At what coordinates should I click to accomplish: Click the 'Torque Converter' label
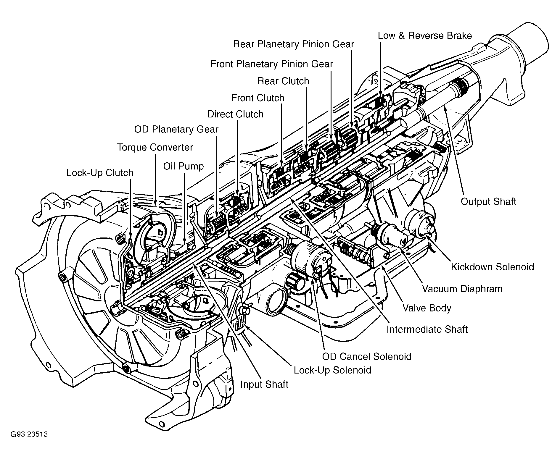pyautogui.click(x=155, y=147)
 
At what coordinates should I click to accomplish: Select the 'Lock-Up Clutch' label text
pyautogui.click(x=100, y=173)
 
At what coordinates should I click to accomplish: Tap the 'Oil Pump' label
pyautogui.click(x=184, y=166)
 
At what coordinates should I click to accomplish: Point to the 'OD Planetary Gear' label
pyautogui.click(x=176, y=129)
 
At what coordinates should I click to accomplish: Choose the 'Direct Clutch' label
pyautogui.click(x=235, y=114)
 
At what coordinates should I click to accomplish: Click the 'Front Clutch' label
pyautogui.click(x=258, y=98)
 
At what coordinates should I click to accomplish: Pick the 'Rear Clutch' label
pyautogui.click(x=283, y=81)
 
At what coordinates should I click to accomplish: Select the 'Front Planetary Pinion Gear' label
pyautogui.click(x=272, y=64)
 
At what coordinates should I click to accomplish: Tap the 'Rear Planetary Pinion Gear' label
pyautogui.click(x=294, y=44)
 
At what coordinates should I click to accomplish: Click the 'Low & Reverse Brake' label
pyautogui.click(x=425, y=35)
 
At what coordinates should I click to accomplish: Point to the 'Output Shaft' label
pyautogui.click(x=488, y=202)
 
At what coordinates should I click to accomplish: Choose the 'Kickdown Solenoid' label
pyautogui.click(x=493, y=267)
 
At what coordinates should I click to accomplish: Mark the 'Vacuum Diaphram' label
pyautogui.click(x=462, y=289)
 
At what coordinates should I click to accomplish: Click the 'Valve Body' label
pyautogui.click(x=427, y=308)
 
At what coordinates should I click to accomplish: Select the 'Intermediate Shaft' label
pyautogui.click(x=427, y=329)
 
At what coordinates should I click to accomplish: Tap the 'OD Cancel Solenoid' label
pyautogui.click(x=367, y=356)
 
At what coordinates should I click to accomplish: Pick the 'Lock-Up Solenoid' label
pyautogui.click(x=332, y=370)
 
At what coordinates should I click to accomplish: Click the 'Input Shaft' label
pyautogui.click(x=264, y=384)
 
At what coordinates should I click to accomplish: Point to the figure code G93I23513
pyautogui.click(x=29, y=434)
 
